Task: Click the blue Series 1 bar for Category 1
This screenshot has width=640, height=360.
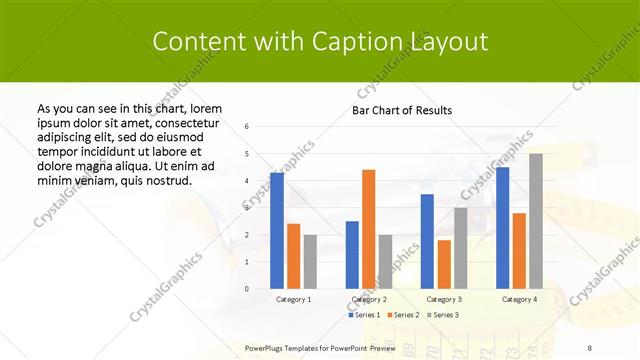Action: pyautogui.click(x=277, y=231)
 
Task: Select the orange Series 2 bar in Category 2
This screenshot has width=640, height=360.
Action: pyautogui.click(x=368, y=229)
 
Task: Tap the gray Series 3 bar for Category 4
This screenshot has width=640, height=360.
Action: pyautogui.click(x=536, y=221)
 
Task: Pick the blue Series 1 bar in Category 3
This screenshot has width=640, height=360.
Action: pyautogui.click(x=427, y=241)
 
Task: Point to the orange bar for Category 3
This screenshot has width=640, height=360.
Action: pyautogui.click(x=444, y=264)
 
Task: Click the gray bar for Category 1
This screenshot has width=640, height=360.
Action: pyautogui.click(x=310, y=262)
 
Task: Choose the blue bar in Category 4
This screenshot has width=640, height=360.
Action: pyautogui.click(x=503, y=228)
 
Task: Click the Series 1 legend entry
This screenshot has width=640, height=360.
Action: pyautogui.click(x=365, y=315)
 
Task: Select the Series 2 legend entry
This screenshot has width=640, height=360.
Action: pyautogui.click(x=403, y=315)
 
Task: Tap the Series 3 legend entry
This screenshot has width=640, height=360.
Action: pyautogui.click(x=441, y=315)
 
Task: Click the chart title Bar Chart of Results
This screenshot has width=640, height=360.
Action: pyautogui.click(x=402, y=110)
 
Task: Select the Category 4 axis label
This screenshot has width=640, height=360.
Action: pyautogui.click(x=518, y=299)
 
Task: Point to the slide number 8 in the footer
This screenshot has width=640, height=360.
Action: pyautogui.click(x=589, y=347)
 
